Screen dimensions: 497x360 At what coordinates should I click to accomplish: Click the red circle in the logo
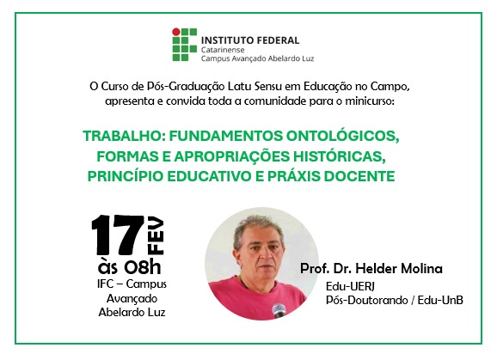coord(176,32)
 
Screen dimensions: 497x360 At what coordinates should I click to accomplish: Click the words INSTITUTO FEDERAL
coord(250,40)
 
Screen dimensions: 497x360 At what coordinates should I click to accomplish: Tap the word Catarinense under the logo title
coord(223,50)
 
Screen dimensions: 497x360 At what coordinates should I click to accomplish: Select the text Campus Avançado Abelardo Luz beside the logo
coord(257,58)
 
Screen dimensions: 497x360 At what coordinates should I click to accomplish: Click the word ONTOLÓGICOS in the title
coord(342,136)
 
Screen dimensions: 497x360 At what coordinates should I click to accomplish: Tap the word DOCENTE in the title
coord(359,176)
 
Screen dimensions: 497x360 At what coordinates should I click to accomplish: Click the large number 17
coord(118,235)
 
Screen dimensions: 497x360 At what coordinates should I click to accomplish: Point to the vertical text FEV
coord(156,235)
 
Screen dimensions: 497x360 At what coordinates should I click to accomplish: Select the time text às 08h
coord(130,267)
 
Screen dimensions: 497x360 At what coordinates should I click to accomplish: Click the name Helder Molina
coord(399,268)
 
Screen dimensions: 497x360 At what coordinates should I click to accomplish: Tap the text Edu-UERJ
coord(350,286)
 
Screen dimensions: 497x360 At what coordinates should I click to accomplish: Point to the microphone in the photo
coord(279,310)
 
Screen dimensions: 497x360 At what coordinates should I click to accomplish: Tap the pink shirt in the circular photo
coord(254,297)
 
